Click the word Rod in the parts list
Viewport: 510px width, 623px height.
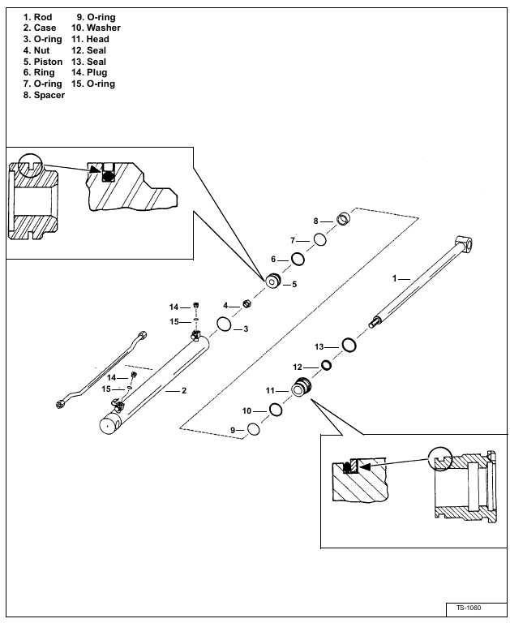[x=43, y=17]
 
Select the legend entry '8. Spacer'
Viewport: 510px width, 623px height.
[x=43, y=96]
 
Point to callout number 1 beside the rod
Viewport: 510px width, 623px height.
[x=395, y=277]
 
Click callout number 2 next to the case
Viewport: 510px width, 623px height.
[x=184, y=391]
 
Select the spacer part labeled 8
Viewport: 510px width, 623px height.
[x=344, y=218]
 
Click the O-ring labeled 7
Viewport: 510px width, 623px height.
[x=320, y=239]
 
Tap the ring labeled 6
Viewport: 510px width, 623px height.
[x=298, y=259]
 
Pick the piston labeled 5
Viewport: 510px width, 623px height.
[x=274, y=281]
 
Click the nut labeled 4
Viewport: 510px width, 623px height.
[x=248, y=304]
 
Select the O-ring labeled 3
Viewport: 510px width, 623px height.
[x=223, y=326]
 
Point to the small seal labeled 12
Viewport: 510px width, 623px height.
[x=326, y=365]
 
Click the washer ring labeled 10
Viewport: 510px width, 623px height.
[x=276, y=410]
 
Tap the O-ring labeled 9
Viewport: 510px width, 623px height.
[x=253, y=429]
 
